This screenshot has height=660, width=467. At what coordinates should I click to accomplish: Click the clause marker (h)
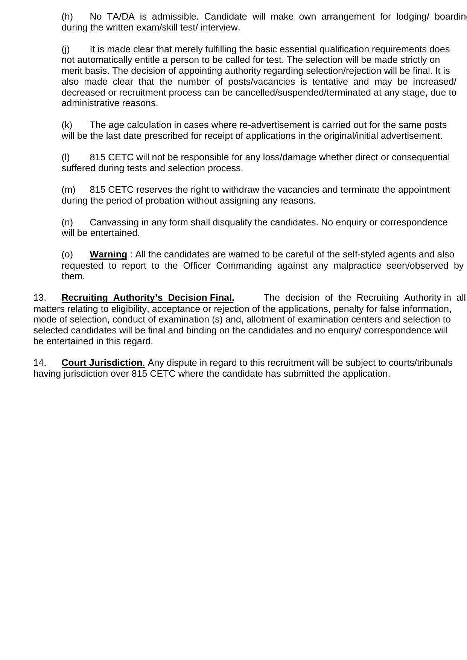pos(67,17)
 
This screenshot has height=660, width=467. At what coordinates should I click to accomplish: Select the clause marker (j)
pos(66,49)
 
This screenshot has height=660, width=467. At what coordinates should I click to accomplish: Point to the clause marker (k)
pos(67,125)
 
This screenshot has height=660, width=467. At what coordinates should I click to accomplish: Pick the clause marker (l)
pos(66,157)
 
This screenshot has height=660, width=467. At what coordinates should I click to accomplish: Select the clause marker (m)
pos(68,190)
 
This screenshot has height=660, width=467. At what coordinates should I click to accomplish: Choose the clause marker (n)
pos(67,222)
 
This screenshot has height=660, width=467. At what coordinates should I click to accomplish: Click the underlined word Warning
pos(108,254)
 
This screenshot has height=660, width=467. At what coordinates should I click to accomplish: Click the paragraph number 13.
pos(40,298)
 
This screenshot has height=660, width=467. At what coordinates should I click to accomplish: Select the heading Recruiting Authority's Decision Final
pos(148,298)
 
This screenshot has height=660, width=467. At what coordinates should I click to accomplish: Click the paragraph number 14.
pos(40,363)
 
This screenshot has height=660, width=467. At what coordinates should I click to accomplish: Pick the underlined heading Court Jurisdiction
pos(102,363)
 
